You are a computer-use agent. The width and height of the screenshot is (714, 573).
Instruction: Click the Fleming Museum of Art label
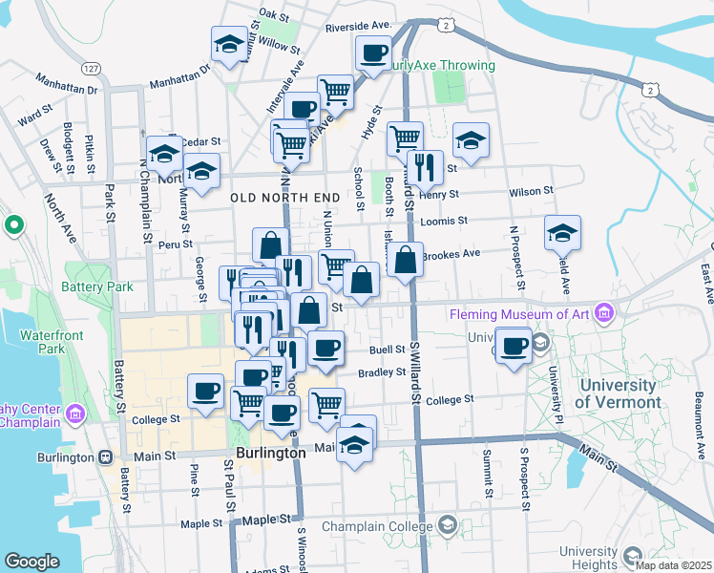(x=520, y=313)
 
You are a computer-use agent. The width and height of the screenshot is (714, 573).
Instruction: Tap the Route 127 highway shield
(x=92, y=69)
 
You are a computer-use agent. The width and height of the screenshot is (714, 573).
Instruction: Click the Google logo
(x=32, y=562)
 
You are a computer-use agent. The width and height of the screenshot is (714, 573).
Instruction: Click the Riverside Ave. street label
(x=358, y=26)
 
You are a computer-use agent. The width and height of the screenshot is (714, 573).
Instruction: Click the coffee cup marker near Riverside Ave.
(x=374, y=53)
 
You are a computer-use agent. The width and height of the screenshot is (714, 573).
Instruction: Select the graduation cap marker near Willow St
(x=230, y=44)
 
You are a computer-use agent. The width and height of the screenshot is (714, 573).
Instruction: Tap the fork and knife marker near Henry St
(x=425, y=167)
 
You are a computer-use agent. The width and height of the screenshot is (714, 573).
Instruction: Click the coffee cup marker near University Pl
(x=514, y=344)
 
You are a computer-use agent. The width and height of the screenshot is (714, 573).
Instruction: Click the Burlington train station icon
(x=102, y=456)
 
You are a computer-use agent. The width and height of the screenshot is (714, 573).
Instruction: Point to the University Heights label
(x=589, y=558)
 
